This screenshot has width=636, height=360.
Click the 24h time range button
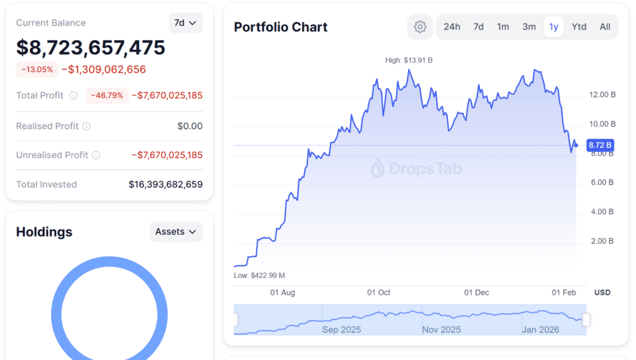point(452,27)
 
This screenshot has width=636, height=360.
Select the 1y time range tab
point(553,27)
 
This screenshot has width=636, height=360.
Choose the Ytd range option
point(579,27)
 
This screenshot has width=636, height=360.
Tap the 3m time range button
point(529,27)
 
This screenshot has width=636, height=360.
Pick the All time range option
point(605,27)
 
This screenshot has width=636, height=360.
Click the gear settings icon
point(420,27)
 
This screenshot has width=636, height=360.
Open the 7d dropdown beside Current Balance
point(185,23)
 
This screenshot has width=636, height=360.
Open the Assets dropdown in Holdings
point(176,232)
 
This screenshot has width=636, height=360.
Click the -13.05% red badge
point(37,70)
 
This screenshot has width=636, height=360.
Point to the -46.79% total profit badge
point(107,96)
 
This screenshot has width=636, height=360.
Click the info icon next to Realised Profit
point(86,126)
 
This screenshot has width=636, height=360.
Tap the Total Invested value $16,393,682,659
point(165,184)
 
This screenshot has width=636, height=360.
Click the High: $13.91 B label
point(409,60)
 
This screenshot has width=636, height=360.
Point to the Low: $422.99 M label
point(259,275)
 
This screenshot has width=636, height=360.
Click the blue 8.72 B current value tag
point(600,145)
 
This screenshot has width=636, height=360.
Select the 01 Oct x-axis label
point(378,292)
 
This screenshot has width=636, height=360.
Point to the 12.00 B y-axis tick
point(602,95)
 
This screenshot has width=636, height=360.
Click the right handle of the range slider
point(586,320)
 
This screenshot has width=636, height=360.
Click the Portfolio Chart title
point(281,27)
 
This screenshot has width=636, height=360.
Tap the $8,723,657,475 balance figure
point(91,47)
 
